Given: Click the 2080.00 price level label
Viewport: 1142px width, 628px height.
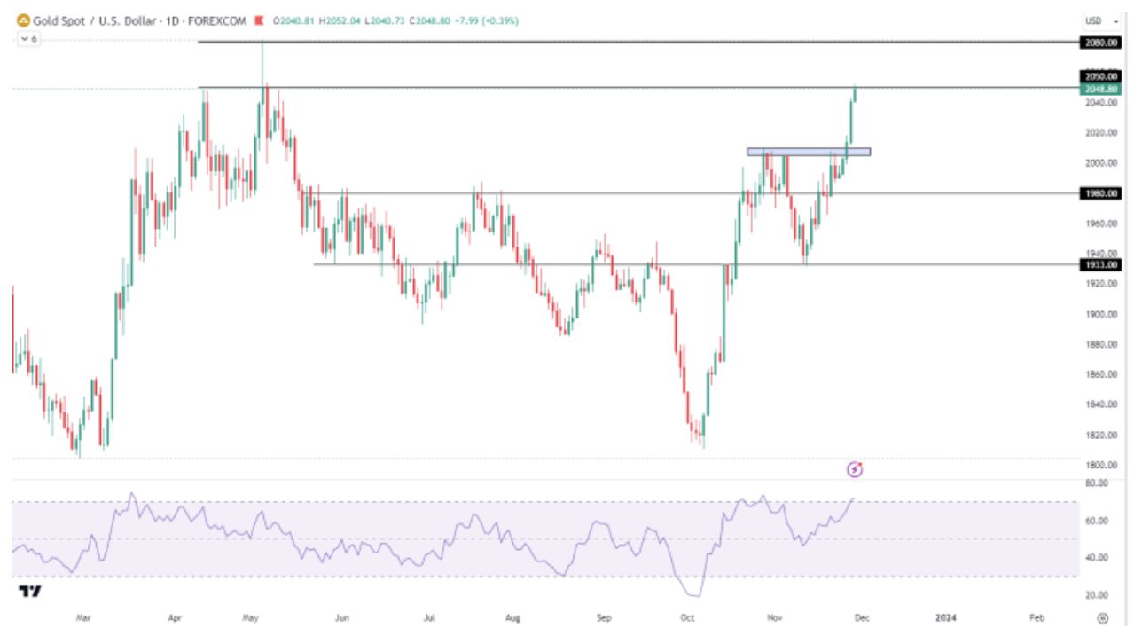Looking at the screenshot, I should tap(1100, 43).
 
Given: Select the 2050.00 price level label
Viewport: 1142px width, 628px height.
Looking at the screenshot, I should tap(1100, 76).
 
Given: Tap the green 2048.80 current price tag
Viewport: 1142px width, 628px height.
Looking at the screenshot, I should tap(1100, 89).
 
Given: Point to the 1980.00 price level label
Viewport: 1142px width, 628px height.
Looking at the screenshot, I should tap(1100, 193).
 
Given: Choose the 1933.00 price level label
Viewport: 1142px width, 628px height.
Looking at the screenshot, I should tap(1100, 264).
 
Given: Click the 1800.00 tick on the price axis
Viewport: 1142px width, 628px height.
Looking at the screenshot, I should tap(1100, 465).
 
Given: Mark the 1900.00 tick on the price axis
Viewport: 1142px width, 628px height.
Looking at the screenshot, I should tap(1100, 314).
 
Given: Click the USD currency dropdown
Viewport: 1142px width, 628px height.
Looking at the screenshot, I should tap(1098, 20).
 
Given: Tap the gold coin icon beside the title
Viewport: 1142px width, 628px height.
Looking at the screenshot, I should tap(23, 20).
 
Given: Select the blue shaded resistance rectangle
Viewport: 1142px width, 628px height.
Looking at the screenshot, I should tap(809, 152).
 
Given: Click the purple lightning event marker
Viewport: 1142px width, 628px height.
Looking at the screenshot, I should tap(855, 469).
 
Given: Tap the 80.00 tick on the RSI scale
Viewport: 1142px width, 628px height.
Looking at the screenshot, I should tap(1098, 483).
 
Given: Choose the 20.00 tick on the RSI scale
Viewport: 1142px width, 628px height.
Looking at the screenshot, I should tap(1098, 595).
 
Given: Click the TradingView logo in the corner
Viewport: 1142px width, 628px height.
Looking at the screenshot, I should tap(31, 592).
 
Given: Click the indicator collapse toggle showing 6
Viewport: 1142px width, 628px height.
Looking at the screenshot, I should tap(28, 39).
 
